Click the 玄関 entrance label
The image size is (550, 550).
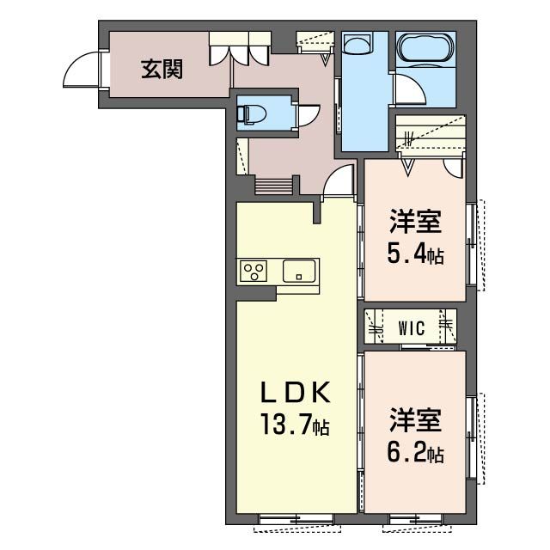162,70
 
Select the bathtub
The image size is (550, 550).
425,49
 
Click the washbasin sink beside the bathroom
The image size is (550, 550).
357,45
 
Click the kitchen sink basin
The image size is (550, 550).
299,271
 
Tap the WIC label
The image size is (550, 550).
411,328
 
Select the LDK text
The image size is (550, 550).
295,392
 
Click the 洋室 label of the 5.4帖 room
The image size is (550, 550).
415,221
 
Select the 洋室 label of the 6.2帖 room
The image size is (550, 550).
415,420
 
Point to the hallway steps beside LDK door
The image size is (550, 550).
273,186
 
